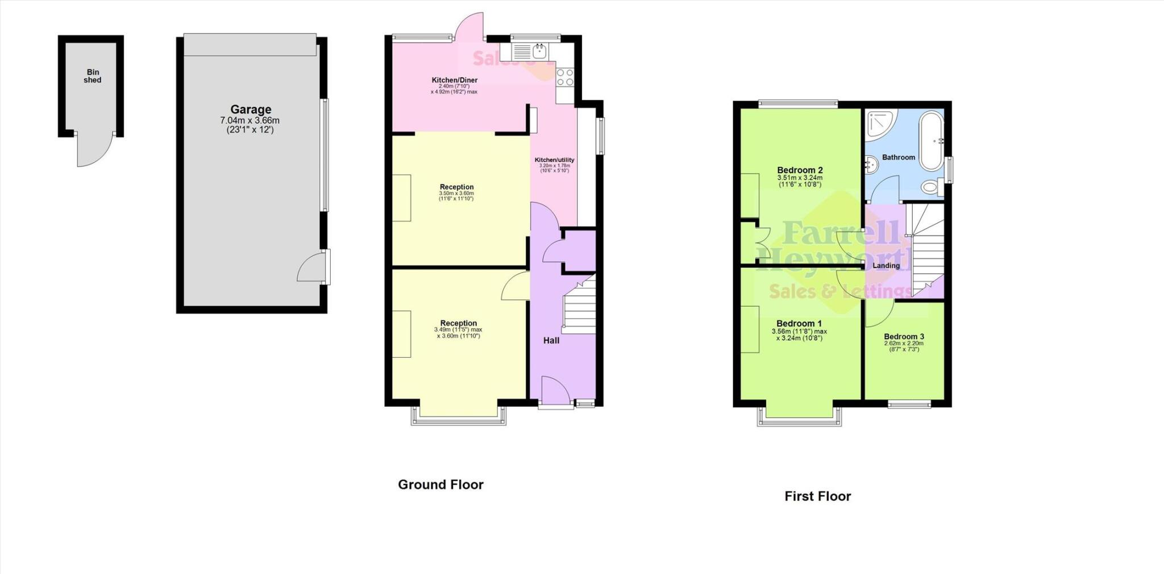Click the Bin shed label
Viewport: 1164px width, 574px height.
(92, 76)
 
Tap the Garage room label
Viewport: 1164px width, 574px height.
(251, 109)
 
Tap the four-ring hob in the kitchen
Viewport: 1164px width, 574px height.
(565, 77)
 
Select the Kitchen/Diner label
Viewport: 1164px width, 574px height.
(454, 80)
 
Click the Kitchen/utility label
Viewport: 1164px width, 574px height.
(554, 160)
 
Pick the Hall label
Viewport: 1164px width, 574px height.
(551, 341)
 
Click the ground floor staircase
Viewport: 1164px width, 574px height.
(579, 306)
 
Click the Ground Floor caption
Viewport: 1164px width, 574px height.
(440, 485)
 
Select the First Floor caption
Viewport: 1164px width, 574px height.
(817, 496)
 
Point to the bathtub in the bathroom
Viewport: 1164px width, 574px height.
(931, 141)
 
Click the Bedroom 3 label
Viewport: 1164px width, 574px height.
(904, 337)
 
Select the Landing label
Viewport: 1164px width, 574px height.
(886, 266)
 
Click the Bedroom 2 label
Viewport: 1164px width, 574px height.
(800, 170)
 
